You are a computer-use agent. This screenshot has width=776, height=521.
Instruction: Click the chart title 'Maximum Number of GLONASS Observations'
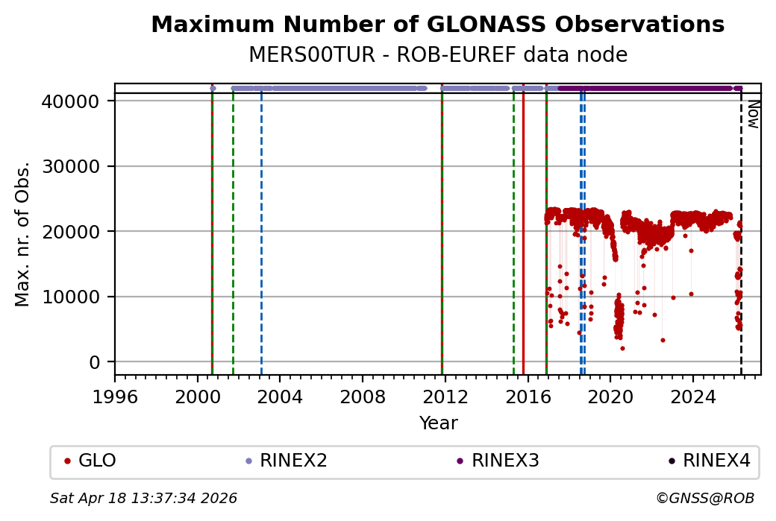pos(437,25)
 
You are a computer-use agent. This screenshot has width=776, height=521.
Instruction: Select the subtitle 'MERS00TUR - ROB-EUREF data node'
pos(437,55)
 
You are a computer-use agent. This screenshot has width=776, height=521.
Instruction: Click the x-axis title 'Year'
pos(438,423)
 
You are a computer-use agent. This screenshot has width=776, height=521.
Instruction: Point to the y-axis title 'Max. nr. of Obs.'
pos(23,234)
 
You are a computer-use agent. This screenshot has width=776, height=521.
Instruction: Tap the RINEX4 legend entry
pos(716,461)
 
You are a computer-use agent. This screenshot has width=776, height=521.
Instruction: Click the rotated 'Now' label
pos(753,114)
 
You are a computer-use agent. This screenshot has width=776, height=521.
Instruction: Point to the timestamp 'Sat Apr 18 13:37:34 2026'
pos(143,498)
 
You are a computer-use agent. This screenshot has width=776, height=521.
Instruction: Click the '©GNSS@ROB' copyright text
pos(705,498)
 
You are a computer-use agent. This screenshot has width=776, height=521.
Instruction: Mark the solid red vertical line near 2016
pos(523,224)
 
